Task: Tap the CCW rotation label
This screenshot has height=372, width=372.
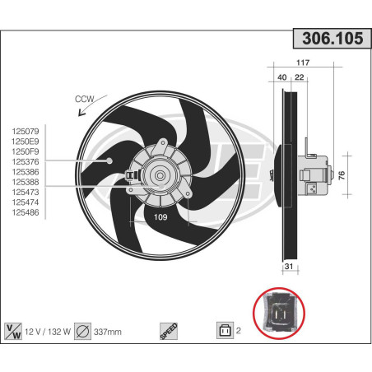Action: [x=85, y=99]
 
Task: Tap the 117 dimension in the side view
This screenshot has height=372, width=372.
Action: [x=302, y=63]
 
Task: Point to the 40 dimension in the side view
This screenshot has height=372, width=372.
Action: [x=283, y=77]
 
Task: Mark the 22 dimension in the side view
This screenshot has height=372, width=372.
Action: [x=300, y=77]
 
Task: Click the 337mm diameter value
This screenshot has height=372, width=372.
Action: [x=108, y=331]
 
